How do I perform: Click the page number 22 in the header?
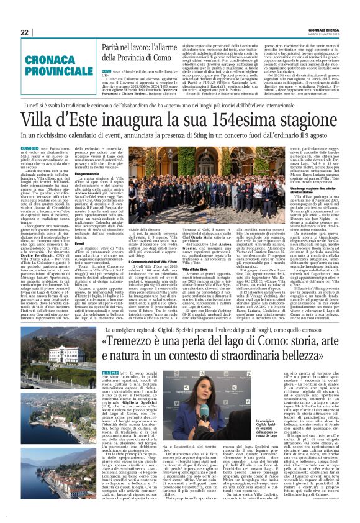[x=25, y=32]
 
